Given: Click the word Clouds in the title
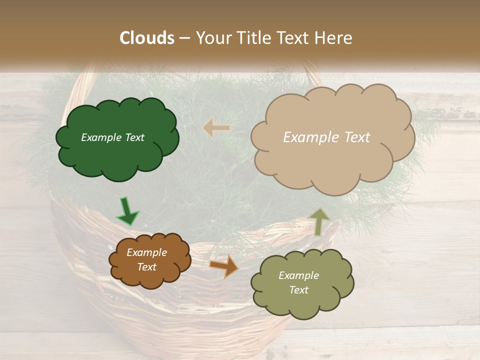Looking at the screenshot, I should (x=147, y=38).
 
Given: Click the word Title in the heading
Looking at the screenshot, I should (x=253, y=38).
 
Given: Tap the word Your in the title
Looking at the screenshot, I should (x=214, y=38).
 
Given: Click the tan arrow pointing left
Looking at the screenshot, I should (x=216, y=128).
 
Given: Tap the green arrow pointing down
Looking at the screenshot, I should (x=127, y=212).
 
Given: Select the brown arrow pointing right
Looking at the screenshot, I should (x=224, y=266).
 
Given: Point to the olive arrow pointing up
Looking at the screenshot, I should (x=320, y=221).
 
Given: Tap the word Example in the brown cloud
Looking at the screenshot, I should (x=146, y=252).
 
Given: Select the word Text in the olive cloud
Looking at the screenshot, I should (x=298, y=290).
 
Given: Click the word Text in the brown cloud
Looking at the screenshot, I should (x=146, y=267).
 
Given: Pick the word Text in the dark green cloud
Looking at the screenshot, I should (x=133, y=137).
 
